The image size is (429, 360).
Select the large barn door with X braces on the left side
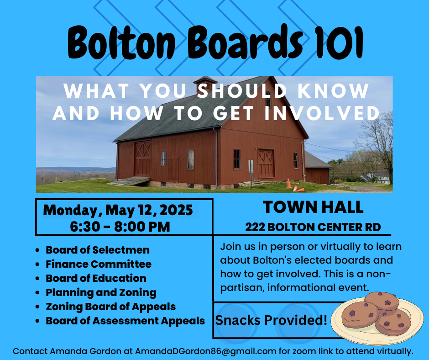point(142,159)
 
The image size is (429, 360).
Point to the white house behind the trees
point(377,178)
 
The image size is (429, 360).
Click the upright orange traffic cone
point(288,183)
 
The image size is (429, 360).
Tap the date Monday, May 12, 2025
point(118,210)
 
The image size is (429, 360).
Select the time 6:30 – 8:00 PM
point(120,227)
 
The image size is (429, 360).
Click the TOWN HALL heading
point(313,207)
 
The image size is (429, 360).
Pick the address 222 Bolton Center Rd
point(313,227)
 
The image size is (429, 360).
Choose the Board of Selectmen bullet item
point(98,250)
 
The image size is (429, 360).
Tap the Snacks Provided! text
point(271,320)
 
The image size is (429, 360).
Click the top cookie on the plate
point(382,301)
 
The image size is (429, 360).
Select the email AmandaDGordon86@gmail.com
point(205,351)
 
